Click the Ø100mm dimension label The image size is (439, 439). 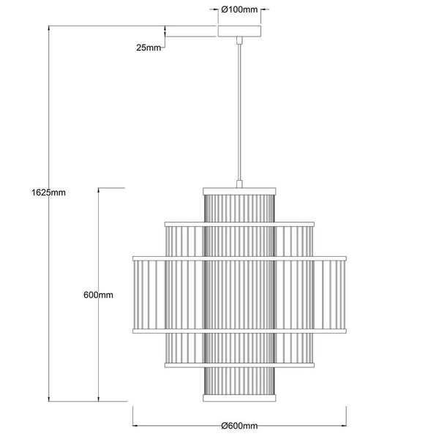tap(239, 10)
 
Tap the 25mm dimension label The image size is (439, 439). tap(149, 48)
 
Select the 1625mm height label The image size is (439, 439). tap(48, 192)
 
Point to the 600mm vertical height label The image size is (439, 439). tap(98, 295)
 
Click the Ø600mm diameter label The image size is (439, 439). tap(239, 426)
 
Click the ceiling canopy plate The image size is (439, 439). tap(240, 31)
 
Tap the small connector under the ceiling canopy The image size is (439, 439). tap(239, 40)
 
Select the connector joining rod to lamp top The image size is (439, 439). tap(239, 184)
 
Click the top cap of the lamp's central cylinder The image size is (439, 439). tap(239, 192)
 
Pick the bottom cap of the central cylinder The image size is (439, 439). tap(239, 398)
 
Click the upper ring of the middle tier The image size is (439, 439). tap(239, 225)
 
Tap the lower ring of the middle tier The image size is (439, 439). tap(239, 365)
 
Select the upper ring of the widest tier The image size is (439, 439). tap(239, 258)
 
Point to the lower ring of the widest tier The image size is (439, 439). tap(239, 331)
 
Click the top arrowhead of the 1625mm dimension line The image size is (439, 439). tap(49, 29)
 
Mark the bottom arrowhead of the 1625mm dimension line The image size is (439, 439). tap(49, 399)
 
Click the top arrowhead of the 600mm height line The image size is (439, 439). tap(98, 190)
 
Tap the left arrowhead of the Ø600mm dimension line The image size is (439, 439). tap(135, 426)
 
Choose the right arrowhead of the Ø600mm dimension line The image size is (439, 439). tap(344, 426)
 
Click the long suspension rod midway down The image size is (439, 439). tap(239, 112)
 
